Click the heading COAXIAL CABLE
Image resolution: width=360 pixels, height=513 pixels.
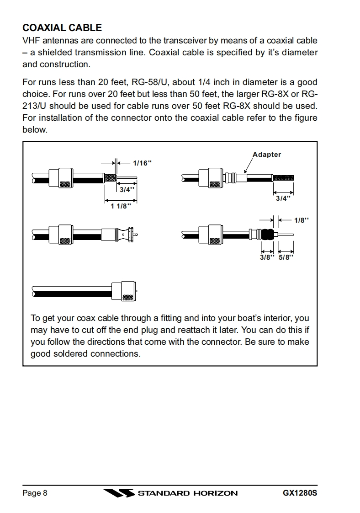[x=62, y=28]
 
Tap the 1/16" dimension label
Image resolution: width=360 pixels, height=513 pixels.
[x=142, y=163]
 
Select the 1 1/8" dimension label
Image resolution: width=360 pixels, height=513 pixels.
[x=121, y=206]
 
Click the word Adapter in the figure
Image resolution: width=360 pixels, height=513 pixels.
[x=267, y=155]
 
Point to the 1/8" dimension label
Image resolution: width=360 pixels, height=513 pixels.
[x=301, y=220]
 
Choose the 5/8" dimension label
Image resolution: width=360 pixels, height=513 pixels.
[x=286, y=257]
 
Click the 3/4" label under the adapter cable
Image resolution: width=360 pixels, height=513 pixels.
[x=282, y=198]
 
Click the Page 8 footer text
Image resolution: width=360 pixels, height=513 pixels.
[x=35, y=493]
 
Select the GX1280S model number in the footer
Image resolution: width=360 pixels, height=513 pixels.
[x=300, y=493]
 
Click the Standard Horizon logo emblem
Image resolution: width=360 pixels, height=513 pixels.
[x=118, y=493]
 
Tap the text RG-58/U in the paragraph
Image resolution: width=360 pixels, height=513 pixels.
[x=143, y=82]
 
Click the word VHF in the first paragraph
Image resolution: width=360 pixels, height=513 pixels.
[x=32, y=41]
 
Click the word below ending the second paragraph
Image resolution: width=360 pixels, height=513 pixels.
[x=35, y=130]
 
